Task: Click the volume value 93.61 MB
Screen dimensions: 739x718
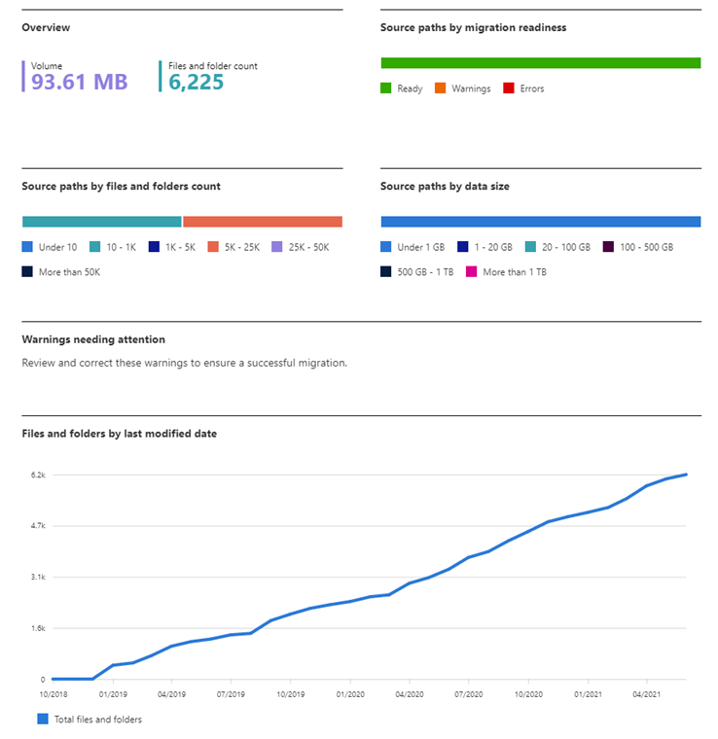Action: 79,83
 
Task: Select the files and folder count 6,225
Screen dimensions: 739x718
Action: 196,83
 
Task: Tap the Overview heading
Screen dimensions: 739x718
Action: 46,28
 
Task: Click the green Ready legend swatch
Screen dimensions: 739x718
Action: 386,88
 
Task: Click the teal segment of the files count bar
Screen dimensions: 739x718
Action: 101,222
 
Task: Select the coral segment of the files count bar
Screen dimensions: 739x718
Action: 263,222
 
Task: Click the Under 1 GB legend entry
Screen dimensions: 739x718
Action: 413,247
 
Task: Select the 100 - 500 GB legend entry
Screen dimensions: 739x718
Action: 638,247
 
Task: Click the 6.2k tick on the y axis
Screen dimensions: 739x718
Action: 38,475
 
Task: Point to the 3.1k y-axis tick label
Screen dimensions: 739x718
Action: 38,577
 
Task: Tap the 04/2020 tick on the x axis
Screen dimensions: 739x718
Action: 409,695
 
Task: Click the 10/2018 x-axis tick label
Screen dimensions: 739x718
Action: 53,695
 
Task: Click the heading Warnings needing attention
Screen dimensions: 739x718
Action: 93,339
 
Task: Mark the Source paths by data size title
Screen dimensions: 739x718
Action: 445,186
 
